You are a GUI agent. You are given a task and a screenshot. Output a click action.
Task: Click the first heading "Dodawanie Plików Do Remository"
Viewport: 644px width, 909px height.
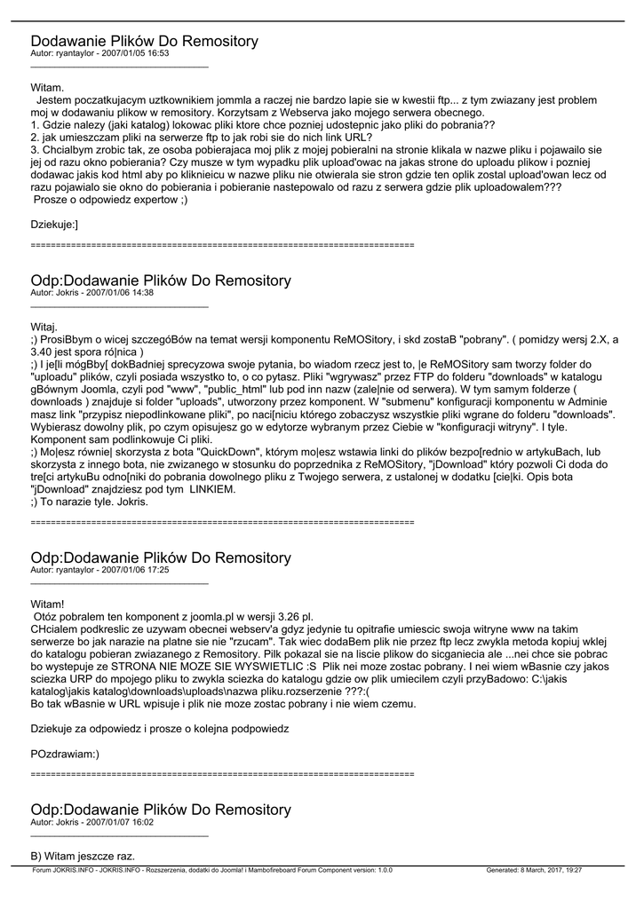coord(144,41)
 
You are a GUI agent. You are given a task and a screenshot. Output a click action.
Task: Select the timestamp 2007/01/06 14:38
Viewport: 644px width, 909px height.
coord(120,292)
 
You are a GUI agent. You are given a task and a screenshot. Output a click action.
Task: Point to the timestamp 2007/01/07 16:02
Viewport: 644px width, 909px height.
coord(120,822)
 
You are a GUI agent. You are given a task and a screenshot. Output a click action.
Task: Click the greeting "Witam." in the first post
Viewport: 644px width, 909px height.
coord(47,88)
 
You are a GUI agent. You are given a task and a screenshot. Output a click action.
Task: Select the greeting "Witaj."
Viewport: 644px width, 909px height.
coord(44,327)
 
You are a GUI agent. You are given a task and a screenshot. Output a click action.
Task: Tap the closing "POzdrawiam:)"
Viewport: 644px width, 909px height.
coord(65,754)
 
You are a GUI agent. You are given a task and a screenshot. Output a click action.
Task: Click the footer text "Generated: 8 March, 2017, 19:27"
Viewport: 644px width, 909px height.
coord(534,871)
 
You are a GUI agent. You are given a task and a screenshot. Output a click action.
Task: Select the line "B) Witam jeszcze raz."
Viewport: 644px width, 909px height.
coord(83,857)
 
